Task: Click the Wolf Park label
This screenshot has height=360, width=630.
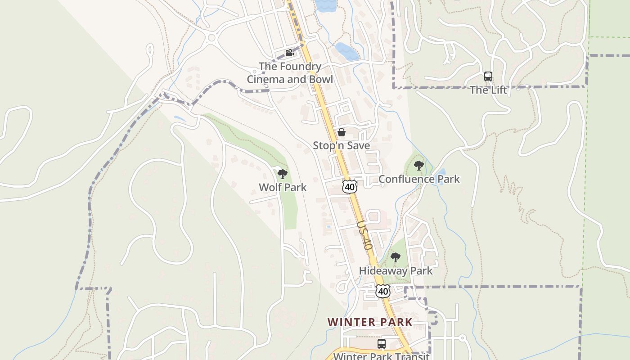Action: pyautogui.click(x=282, y=187)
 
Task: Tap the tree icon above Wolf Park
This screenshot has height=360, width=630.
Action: pyautogui.click(x=283, y=174)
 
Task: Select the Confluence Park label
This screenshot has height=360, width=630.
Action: pyautogui.click(x=419, y=179)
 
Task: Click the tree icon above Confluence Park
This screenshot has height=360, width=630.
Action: pyautogui.click(x=419, y=166)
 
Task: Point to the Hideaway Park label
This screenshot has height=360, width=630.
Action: pyautogui.click(x=396, y=270)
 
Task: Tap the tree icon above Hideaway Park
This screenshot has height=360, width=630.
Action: pyautogui.click(x=396, y=257)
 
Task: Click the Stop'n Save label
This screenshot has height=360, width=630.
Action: pyautogui.click(x=342, y=145)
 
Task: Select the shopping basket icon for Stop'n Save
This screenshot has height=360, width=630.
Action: pyautogui.click(x=342, y=132)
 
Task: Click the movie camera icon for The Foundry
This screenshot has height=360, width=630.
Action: pyautogui.click(x=289, y=53)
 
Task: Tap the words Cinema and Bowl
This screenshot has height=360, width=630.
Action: pyautogui.click(x=290, y=80)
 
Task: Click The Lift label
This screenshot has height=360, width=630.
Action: pyautogui.click(x=488, y=90)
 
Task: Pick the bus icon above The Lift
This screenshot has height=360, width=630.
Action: pyautogui.click(x=488, y=76)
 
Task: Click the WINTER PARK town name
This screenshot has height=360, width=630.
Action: pyautogui.click(x=370, y=322)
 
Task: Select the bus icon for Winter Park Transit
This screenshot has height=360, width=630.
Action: pyautogui.click(x=382, y=344)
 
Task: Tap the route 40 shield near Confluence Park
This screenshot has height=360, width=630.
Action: pyautogui.click(x=350, y=186)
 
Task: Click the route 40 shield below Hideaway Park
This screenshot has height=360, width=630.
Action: pyautogui.click(x=383, y=291)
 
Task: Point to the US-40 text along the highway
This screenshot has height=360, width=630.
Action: pyautogui.click(x=365, y=235)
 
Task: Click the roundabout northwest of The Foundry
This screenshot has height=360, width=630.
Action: pyautogui.click(x=211, y=38)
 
